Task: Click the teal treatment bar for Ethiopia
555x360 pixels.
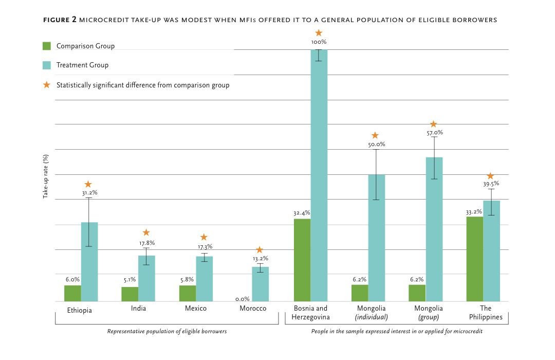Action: (x=89, y=262)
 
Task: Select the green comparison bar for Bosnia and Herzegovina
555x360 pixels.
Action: (x=302, y=260)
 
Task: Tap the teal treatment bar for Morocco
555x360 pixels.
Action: (x=261, y=284)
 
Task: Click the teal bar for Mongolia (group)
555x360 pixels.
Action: (x=434, y=229)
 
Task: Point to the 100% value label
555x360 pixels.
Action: (x=319, y=42)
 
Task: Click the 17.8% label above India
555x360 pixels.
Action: (x=146, y=243)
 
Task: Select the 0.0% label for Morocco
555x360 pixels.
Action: (x=243, y=298)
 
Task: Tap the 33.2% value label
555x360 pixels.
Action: (x=474, y=211)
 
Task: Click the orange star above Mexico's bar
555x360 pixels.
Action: (x=203, y=237)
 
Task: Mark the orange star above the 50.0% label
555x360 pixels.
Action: (x=375, y=135)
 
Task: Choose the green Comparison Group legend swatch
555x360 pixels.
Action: (x=47, y=46)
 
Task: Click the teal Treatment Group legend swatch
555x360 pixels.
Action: (x=47, y=65)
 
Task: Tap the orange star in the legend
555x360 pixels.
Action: (x=47, y=85)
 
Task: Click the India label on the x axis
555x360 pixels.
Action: (x=138, y=308)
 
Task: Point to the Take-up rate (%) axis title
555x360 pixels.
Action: (x=45, y=176)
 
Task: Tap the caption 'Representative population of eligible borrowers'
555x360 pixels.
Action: (x=166, y=332)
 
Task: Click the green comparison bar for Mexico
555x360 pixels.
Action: (x=187, y=293)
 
